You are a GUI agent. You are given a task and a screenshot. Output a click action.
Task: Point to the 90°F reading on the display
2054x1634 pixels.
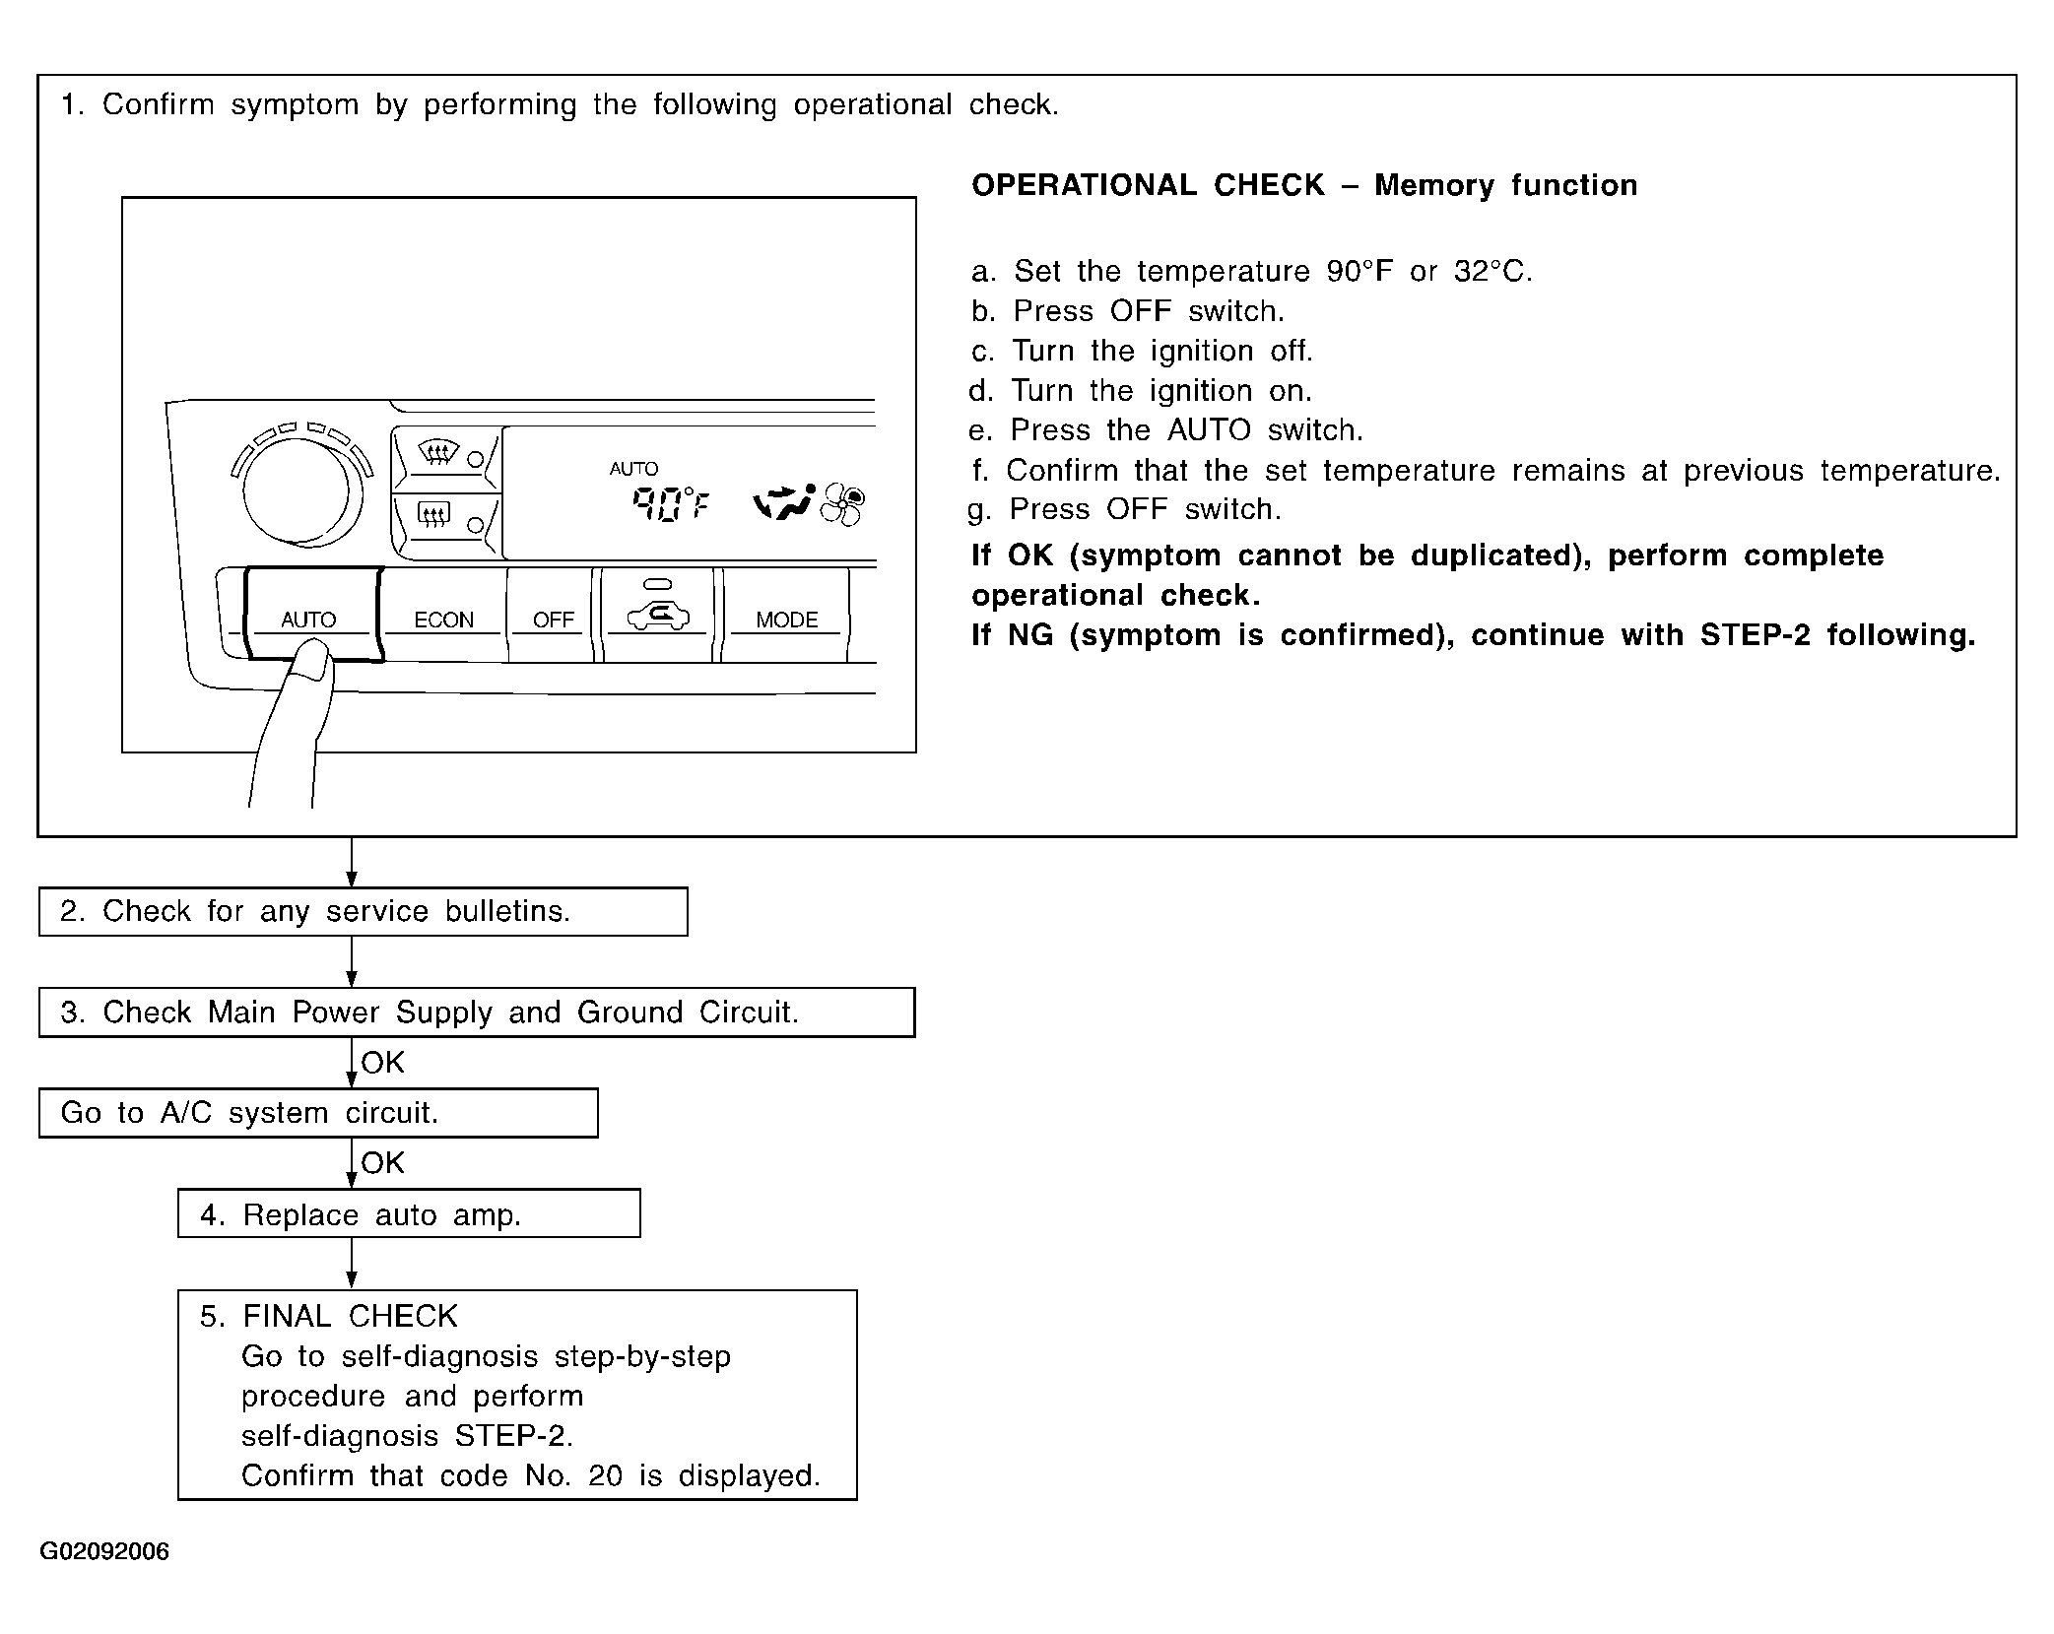click(670, 504)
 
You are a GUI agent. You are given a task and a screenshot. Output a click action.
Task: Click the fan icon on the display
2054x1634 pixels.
click(843, 504)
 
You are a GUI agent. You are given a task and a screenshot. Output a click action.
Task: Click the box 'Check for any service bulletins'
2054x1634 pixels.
click(363, 911)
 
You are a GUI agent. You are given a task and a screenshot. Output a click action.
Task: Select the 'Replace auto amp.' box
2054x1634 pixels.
click(409, 1213)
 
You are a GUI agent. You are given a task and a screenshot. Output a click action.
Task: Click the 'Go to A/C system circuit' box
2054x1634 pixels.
click(318, 1113)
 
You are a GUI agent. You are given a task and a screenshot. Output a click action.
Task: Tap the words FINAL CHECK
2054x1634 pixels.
click(350, 1316)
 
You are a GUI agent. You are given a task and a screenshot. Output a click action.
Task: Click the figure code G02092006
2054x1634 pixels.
click(104, 1551)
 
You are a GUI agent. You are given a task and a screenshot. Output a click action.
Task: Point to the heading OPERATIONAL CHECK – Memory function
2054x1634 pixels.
click(1304, 185)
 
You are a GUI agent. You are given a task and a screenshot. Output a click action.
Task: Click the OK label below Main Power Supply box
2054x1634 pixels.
click(383, 1062)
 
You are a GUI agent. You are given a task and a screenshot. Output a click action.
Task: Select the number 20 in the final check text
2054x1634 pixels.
click(605, 1475)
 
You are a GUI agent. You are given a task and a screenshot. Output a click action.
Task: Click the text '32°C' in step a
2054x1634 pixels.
click(1492, 271)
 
